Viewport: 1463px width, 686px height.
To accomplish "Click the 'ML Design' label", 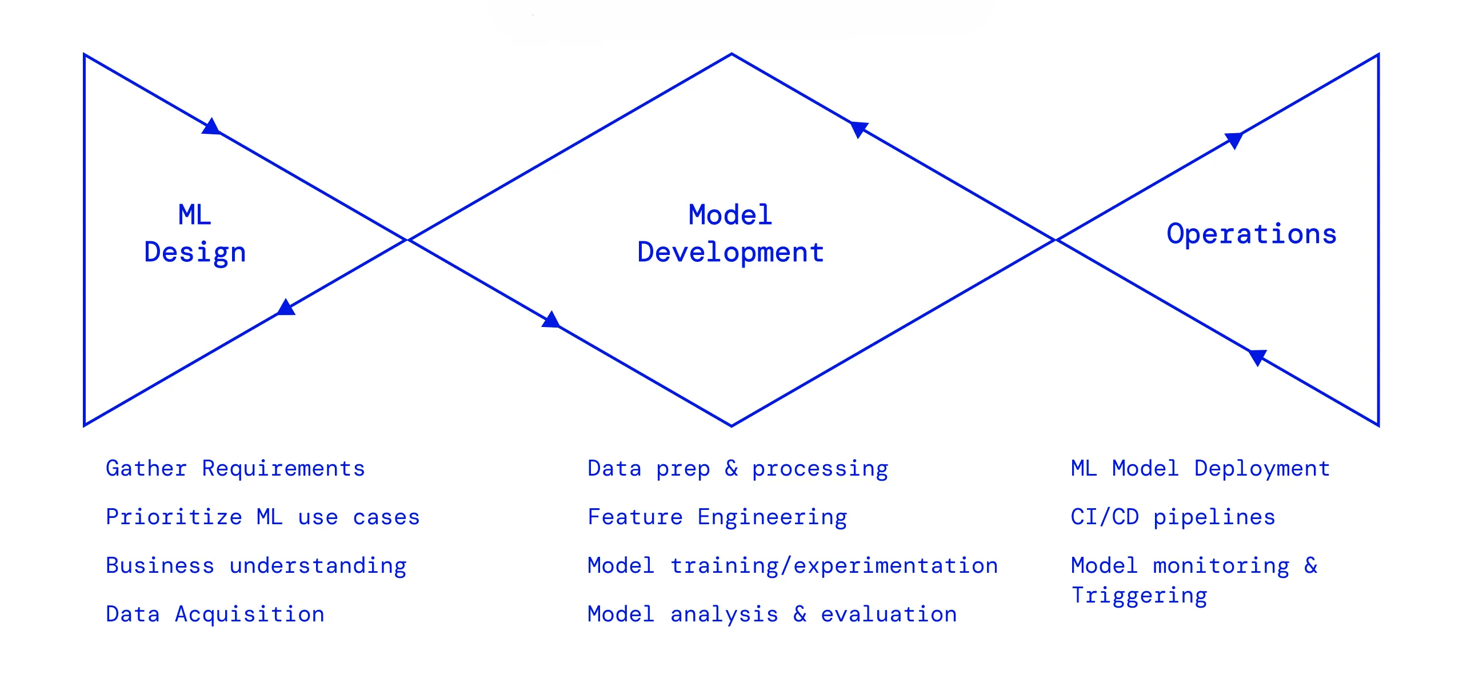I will click(x=195, y=234).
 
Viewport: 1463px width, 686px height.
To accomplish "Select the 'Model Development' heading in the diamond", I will click(x=730, y=234).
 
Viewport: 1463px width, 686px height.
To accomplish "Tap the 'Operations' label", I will click(x=1252, y=234).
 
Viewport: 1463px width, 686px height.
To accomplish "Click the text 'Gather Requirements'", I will click(x=235, y=469).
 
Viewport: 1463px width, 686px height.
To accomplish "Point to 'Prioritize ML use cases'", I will click(x=263, y=517).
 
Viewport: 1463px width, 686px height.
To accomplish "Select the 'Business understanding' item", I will click(x=256, y=566).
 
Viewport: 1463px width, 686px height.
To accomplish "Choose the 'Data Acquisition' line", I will click(x=215, y=615).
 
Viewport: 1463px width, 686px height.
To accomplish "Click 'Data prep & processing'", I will click(x=738, y=469).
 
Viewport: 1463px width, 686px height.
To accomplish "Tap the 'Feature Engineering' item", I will click(x=717, y=517).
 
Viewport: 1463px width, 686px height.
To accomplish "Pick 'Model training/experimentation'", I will click(x=793, y=566).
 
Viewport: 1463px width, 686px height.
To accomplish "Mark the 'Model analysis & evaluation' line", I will click(x=772, y=615).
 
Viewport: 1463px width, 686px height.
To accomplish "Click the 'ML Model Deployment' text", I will click(x=1200, y=469).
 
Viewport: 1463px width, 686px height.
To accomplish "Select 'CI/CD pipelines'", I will click(x=1173, y=517).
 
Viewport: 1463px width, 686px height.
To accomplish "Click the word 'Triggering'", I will click(x=1139, y=596).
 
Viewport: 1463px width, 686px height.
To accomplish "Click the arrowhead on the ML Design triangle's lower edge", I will click(x=286, y=308).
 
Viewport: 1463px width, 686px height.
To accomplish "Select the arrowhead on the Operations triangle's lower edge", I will click(x=1257, y=357).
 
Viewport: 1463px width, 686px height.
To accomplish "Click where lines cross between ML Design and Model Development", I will click(x=407, y=240).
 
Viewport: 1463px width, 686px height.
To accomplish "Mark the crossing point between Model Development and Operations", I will click(x=1055, y=240).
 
